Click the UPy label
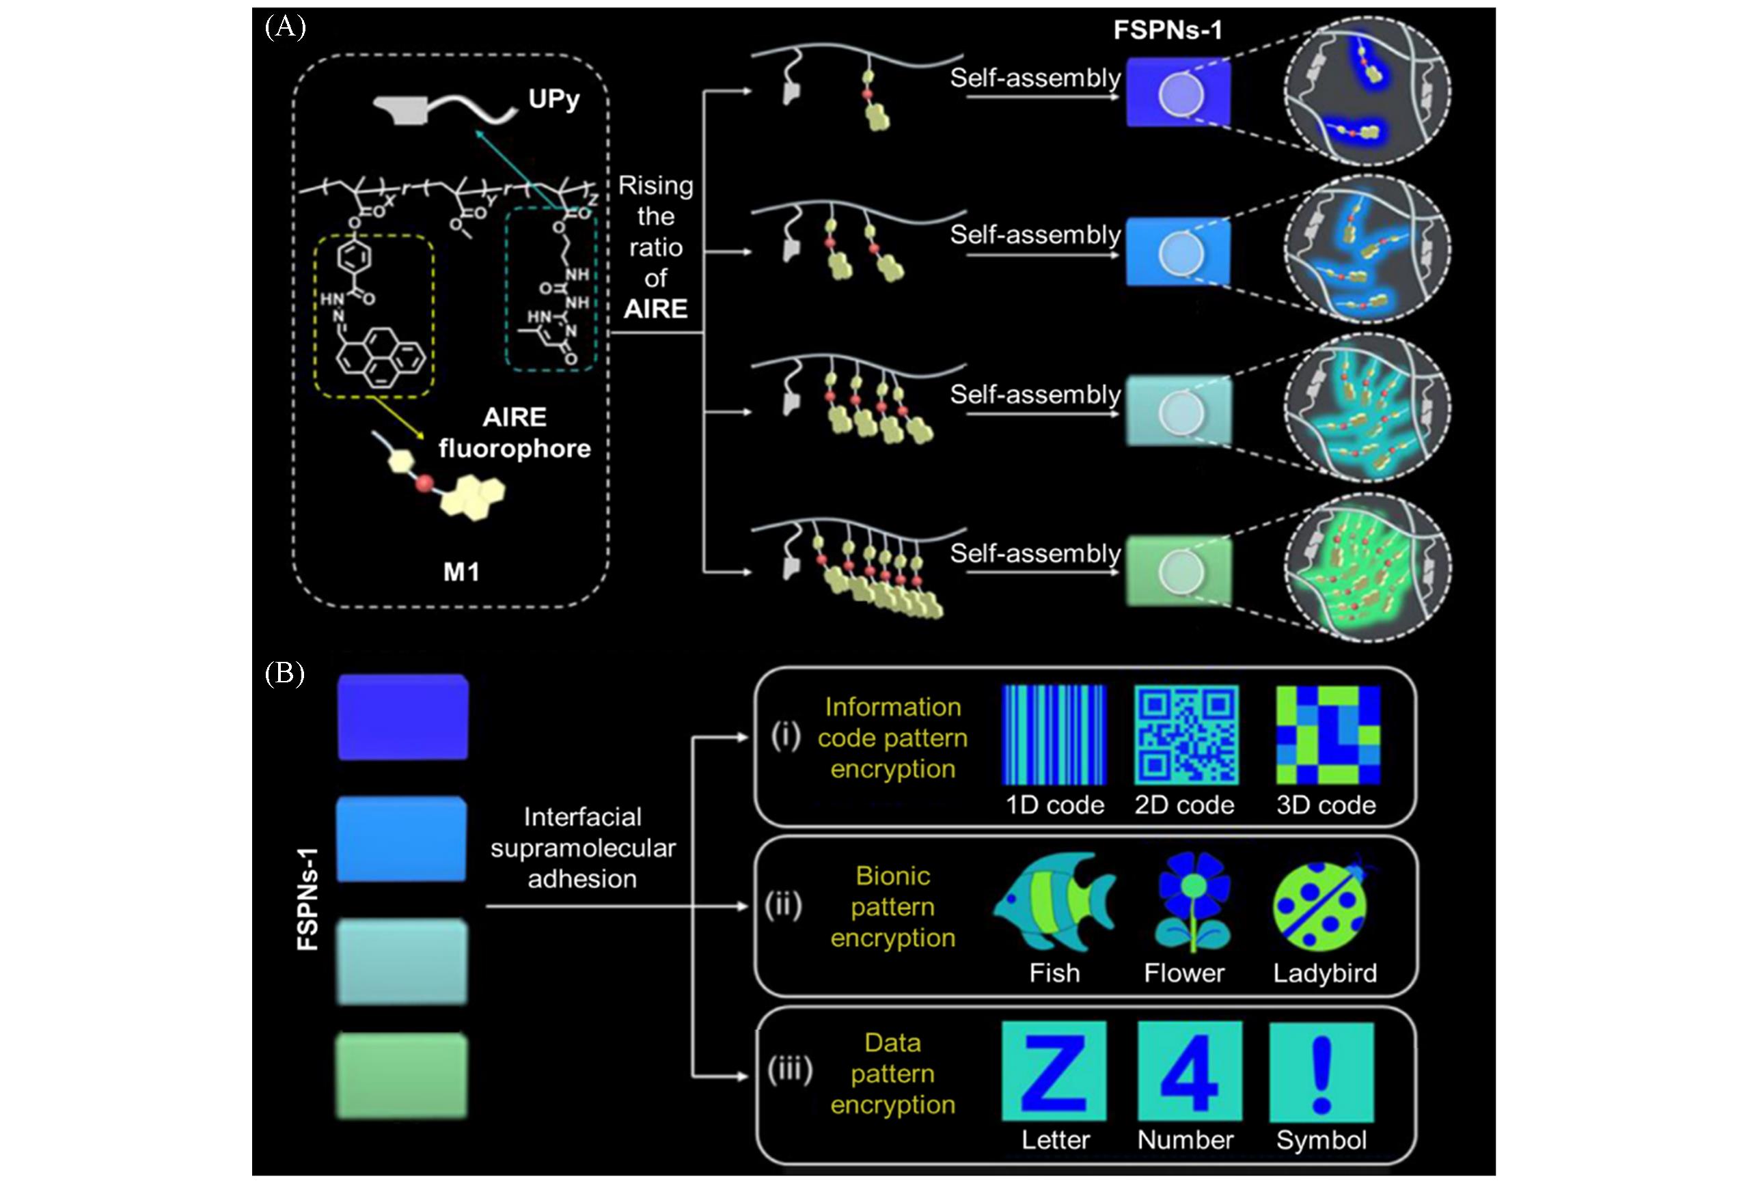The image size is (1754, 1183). coord(554,99)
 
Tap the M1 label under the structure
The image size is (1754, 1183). coord(461,572)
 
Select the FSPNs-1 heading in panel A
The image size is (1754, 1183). coord(1168,30)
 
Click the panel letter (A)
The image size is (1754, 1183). coord(284,27)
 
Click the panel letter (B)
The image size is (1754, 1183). coord(284,673)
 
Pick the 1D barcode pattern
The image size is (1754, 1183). coord(1054,735)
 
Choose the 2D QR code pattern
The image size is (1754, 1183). coord(1186,735)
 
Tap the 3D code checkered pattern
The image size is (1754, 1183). coord(1328,735)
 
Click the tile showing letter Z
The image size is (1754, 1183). coord(1054,1072)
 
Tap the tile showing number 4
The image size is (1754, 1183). coord(1190,1072)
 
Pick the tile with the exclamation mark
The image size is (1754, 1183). coord(1321,1072)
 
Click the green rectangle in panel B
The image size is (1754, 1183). coord(402,1076)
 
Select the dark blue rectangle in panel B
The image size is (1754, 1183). coord(403,716)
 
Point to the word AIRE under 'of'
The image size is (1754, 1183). coord(655,309)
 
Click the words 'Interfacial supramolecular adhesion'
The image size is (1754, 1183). coord(583,848)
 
